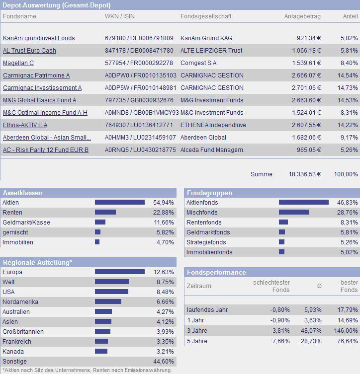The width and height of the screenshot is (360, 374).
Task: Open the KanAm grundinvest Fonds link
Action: [39, 38]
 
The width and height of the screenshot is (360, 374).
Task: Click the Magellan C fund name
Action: [18, 63]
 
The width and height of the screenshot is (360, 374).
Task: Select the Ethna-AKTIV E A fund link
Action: [25, 125]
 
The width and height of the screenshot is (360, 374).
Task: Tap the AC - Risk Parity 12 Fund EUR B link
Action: [45, 150]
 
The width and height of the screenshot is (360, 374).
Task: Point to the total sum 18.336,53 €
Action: [305, 174]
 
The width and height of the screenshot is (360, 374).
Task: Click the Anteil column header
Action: [350, 16]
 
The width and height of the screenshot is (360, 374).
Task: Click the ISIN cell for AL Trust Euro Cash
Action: [139, 51]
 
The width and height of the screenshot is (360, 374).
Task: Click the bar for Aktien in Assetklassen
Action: [119, 203]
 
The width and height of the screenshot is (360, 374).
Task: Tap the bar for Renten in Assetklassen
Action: [105, 213]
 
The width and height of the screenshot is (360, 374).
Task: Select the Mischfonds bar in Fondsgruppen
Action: [294, 213]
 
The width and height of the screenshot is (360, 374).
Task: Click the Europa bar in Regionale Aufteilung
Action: [119, 272]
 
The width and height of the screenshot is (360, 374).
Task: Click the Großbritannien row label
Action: [23, 332]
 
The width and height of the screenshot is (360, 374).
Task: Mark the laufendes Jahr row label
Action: [207, 310]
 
